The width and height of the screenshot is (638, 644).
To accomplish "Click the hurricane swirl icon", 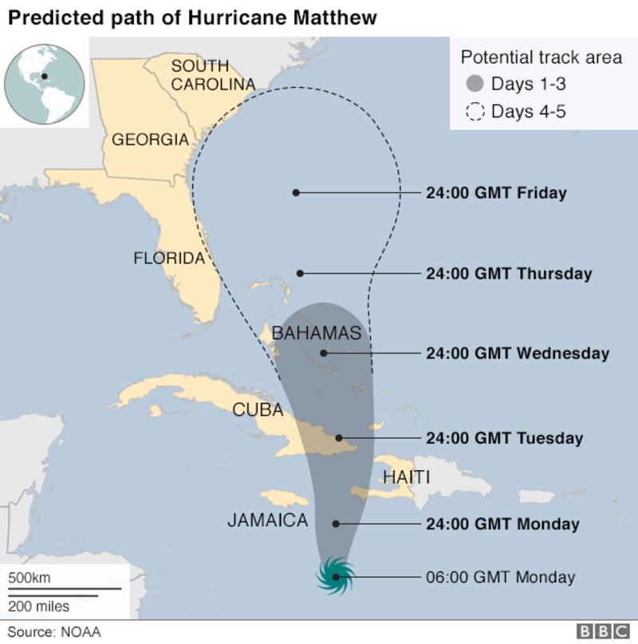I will pyautogui.click(x=337, y=575).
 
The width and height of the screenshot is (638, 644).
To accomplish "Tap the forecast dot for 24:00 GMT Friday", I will pyautogui.click(x=296, y=192).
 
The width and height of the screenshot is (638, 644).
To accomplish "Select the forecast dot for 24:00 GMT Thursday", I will pyautogui.click(x=301, y=273).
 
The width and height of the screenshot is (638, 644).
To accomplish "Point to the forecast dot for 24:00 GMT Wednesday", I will pyautogui.click(x=323, y=353).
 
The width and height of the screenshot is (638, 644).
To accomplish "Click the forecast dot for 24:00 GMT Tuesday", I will pyautogui.click(x=339, y=437).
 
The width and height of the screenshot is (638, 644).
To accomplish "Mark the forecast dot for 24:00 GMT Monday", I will pyautogui.click(x=336, y=524).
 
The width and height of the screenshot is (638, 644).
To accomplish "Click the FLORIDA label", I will pyautogui.click(x=169, y=258).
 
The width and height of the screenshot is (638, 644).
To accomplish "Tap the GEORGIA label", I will pyautogui.click(x=150, y=140).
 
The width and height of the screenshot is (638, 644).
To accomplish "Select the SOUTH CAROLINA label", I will pyautogui.click(x=211, y=75).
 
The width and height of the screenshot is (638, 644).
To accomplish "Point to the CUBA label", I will pyautogui.click(x=258, y=410).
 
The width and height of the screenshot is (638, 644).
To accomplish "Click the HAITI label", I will pyautogui.click(x=406, y=477).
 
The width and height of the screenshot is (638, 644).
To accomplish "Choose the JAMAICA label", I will pyautogui.click(x=267, y=520).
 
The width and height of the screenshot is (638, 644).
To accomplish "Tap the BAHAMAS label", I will pyautogui.click(x=317, y=333).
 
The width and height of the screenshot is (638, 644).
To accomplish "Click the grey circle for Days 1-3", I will pyautogui.click(x=475, y=84).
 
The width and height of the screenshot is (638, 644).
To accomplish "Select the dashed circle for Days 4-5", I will pyautogui.click(x=475, y=111).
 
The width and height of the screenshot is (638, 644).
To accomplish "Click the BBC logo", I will pyautogui.click(x=602, y=631).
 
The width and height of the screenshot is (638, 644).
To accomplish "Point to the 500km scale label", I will pyautogui.click(x=30, y=577).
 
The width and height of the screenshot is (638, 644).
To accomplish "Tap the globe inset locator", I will pyautogui.click(x=45, y=77).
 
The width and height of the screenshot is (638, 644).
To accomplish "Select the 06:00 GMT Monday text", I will pyautogui.click(x=501, y=576).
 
